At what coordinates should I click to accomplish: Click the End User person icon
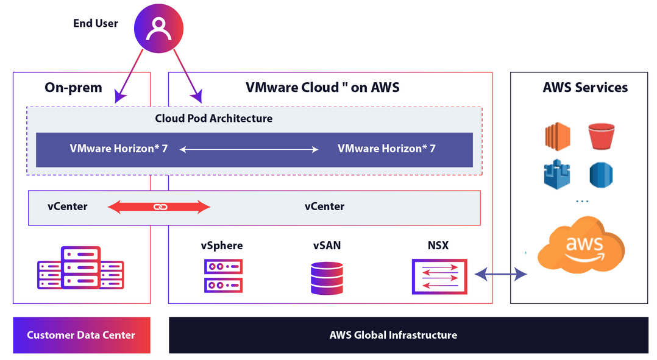(x=158, y=27)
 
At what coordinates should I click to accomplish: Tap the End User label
(x=96, y=24)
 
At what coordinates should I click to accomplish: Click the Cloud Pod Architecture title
(x=213, y=118)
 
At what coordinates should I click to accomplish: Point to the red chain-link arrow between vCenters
(x=159, y=207)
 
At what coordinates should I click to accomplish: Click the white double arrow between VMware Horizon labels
(x=249, y=149)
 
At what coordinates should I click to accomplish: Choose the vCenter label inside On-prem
(x=67, y=206)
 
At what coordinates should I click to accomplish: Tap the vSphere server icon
(x=223, y=275)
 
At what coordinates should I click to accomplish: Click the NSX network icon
(x=439, y=275)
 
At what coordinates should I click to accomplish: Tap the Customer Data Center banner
(x=81, y=335)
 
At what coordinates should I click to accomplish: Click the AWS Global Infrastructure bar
(x=393, y=335)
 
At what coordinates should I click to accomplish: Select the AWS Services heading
(x=585, y=87)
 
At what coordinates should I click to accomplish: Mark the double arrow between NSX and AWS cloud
(x=501, y=275)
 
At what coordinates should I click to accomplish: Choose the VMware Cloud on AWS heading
(x=322, y=87)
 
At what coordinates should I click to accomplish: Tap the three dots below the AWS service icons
(x=582, y=202)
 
